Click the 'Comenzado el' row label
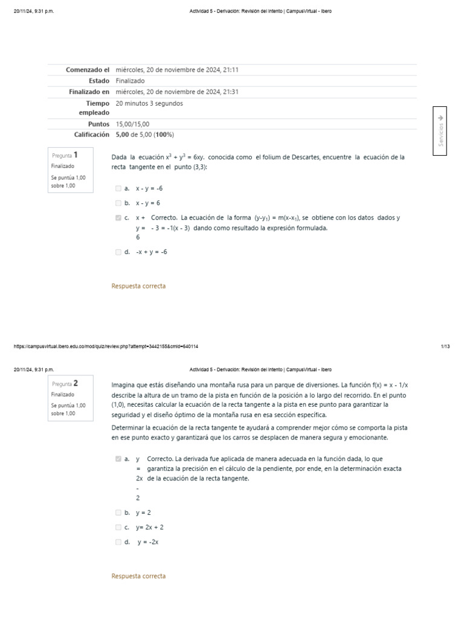pos(88,70)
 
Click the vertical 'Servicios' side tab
pos(440,131)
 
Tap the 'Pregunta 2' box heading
pos(65,383)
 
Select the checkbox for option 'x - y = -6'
pos(118,188)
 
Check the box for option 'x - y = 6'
pos(118,203)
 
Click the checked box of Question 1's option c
pos(118,218)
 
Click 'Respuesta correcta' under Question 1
pos(138,286)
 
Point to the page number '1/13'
pos(445,346)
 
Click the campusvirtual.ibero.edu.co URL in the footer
pos(106,346)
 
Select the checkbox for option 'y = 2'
pos(118,512)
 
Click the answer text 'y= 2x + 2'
pos(149,527)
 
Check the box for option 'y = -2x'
pos(118,542)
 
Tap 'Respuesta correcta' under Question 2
pos(138,576)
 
